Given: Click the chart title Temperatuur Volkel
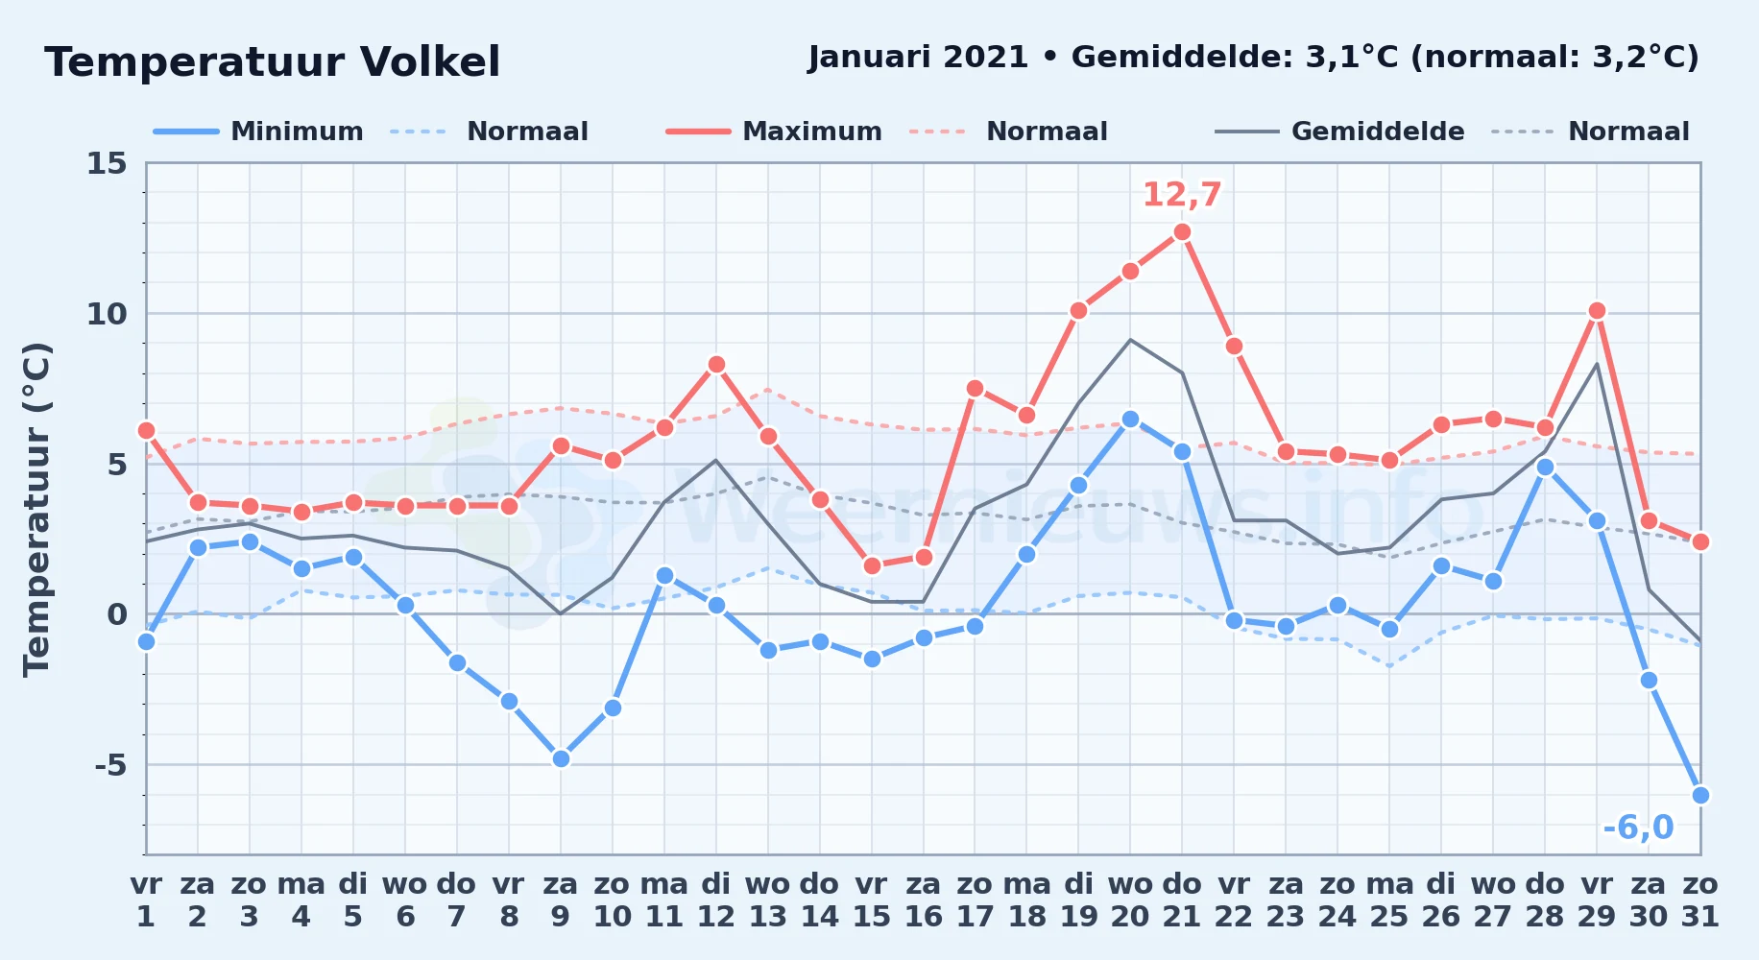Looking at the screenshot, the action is pos(273,62).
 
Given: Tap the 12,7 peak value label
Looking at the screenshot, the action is pos(1182,195).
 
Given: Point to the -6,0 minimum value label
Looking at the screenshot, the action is pos(1638,828).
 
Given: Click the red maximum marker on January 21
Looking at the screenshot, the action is pos(1182,232).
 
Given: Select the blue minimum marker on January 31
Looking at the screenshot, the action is pos(1700,795).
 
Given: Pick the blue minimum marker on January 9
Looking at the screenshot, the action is pos(561,758).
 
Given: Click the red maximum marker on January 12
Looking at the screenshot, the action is pos(716,365).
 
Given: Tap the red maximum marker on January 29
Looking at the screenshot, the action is pos(1597,311).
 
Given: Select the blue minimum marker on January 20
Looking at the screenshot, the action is pos(1130,420).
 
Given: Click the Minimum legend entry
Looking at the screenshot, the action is pos(258,132).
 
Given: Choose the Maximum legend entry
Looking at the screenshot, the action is pos(774,132).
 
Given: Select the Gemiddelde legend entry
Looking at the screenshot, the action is pos(1340,132).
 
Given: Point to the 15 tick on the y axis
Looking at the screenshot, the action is pos(107,163).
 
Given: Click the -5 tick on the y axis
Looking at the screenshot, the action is pos(110,765).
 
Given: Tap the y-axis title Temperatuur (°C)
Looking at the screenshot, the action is pos(36,510).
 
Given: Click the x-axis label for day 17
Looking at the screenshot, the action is pos(975,900).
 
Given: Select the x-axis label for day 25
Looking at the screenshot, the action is pos(1389,900).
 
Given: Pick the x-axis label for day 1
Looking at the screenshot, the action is pos(146,900).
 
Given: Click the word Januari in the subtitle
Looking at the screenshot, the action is pos(870,58).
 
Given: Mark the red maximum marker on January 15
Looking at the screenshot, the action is pos(872,566).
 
